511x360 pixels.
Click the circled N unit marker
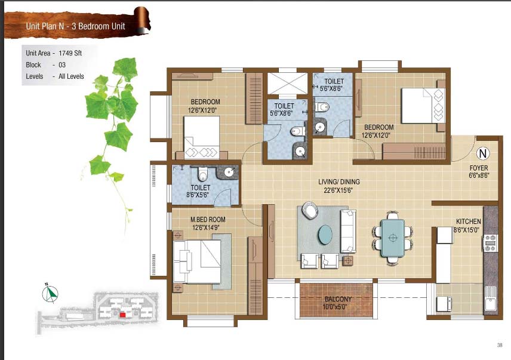(483, 153)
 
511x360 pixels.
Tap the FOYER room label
(479, 168)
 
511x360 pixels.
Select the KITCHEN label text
(468, 221)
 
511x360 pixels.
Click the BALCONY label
(338, 299)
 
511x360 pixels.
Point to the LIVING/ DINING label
(339, 182)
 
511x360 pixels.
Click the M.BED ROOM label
(208, 220)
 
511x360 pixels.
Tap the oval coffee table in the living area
(325, 234)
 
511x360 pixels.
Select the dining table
(393, 238)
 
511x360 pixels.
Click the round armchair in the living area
(310, 210)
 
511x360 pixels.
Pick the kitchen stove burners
(490, 243)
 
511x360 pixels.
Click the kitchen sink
(491, 298)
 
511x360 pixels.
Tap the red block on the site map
(122, 315)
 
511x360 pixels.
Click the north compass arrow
(50, 293)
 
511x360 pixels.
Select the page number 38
(500, 345)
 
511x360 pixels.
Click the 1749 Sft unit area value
(70, 53)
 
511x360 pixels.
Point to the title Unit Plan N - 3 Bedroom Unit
(76, 26)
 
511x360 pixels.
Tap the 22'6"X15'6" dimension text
(338, 190)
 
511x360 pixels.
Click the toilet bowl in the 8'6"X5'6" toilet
(202, 174)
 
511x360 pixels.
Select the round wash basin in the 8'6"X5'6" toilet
(229, 171)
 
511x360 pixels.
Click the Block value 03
(62, 65)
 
